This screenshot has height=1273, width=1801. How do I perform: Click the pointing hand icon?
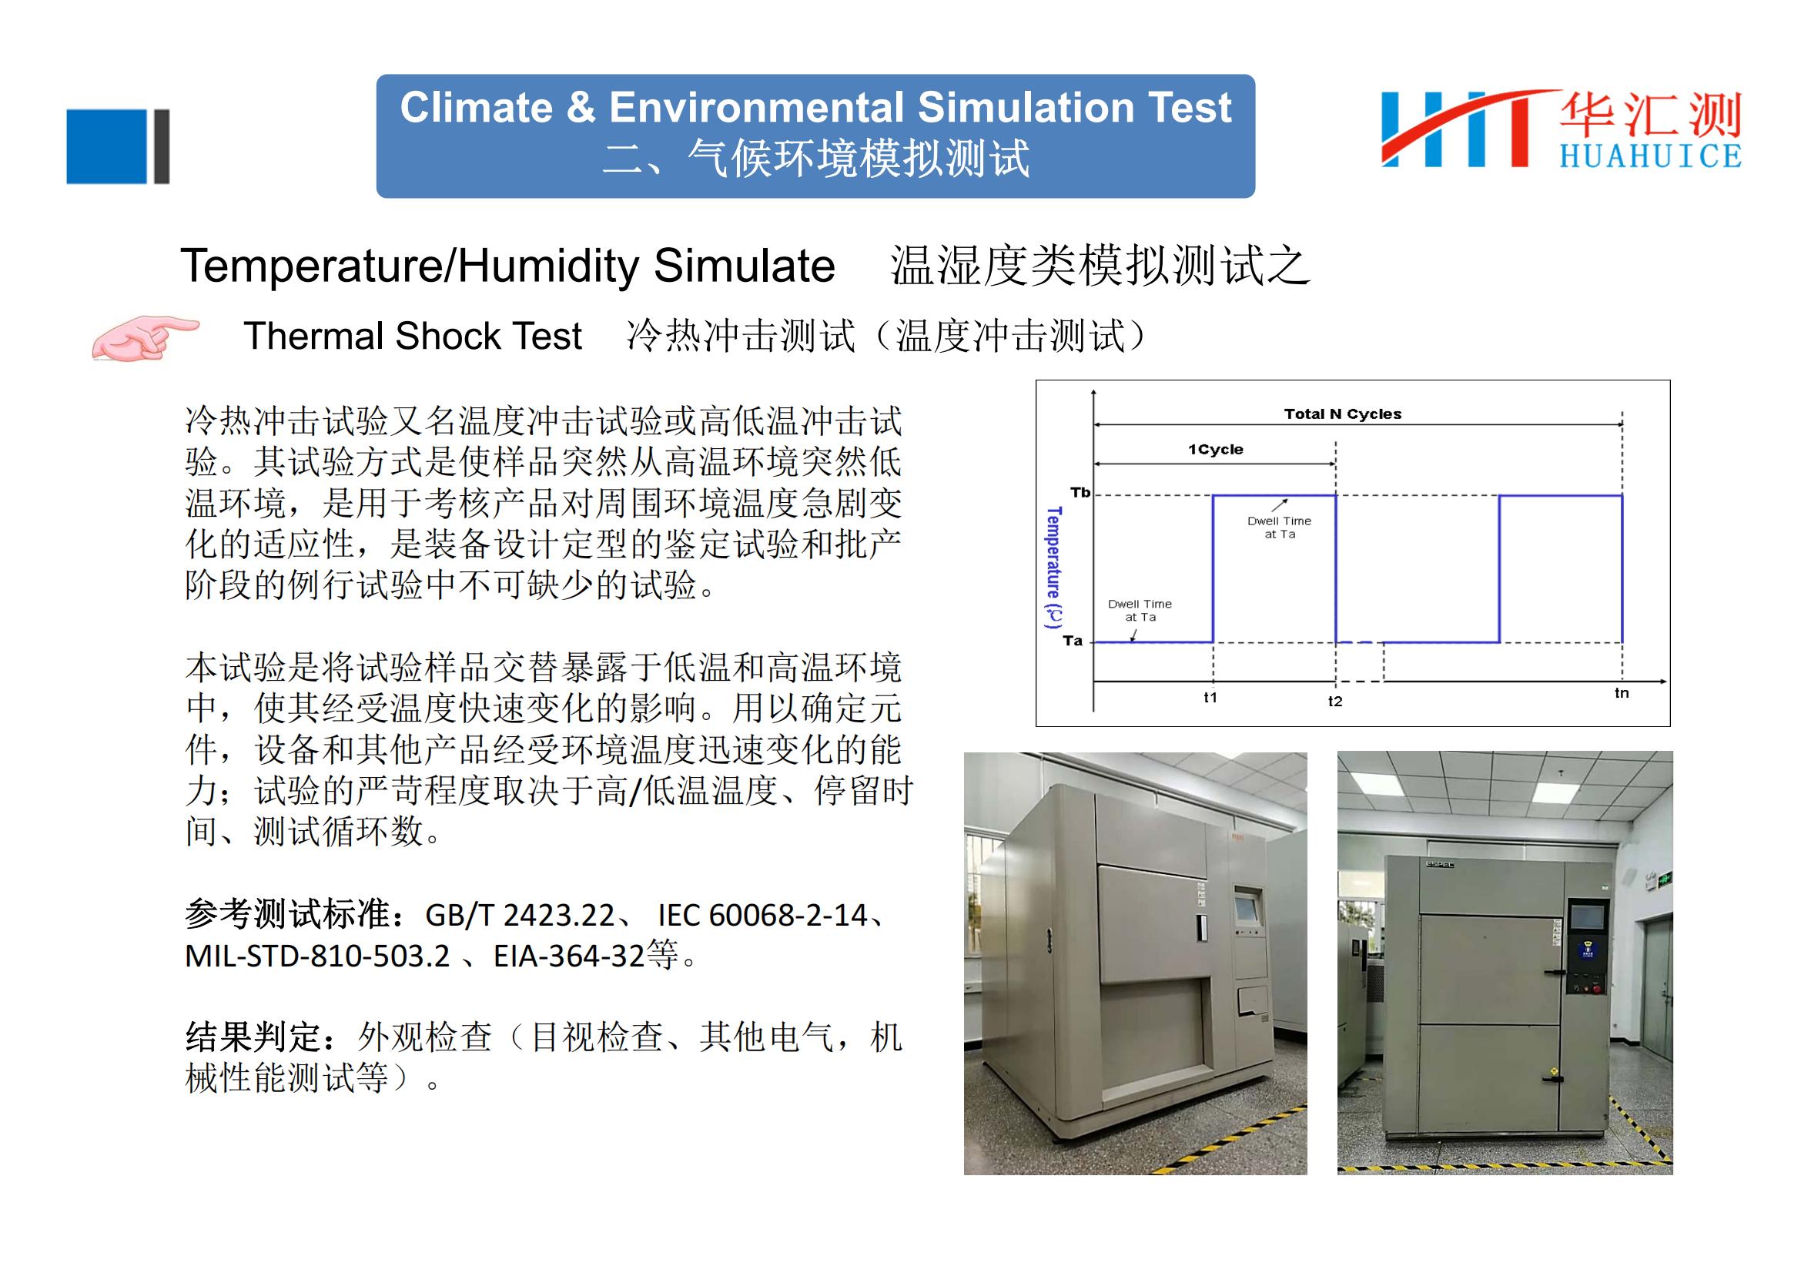click(x=145, y=338)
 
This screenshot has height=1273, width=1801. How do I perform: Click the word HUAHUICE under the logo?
click(x=1650, y=157)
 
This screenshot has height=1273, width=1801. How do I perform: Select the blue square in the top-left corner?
click(x=107, y=146)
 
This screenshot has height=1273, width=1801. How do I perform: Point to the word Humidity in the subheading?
click(x=548, y=266)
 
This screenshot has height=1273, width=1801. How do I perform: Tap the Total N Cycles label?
click(x=1342, y=414)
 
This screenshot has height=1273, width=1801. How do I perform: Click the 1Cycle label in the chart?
click(x=1215, y=450)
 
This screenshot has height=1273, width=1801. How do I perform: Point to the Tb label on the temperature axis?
click(x=1080, y=493)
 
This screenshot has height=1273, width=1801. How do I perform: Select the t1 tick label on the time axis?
click(x=1210, y=697)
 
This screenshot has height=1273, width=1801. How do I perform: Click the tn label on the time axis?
click(x=1622, y=692)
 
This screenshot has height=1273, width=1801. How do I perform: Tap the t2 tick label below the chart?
click(x=1335, y=702)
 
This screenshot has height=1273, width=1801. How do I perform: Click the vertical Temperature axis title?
click(x=1053, y=567)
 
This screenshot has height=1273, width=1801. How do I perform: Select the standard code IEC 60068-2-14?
click(x=762, y=916)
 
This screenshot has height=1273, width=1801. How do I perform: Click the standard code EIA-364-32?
click(x=569, y=956)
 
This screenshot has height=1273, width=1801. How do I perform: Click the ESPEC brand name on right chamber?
click(x=1440, y=865)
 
